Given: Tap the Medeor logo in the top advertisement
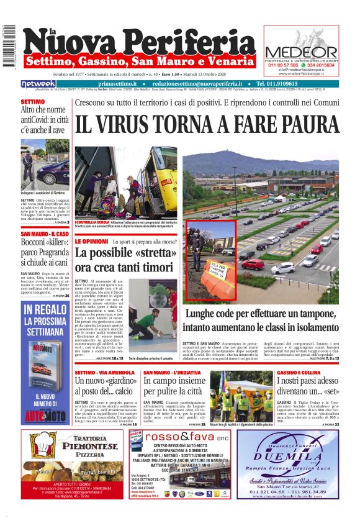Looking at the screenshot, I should point(301,50).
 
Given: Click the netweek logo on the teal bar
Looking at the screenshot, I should point(38,83).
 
